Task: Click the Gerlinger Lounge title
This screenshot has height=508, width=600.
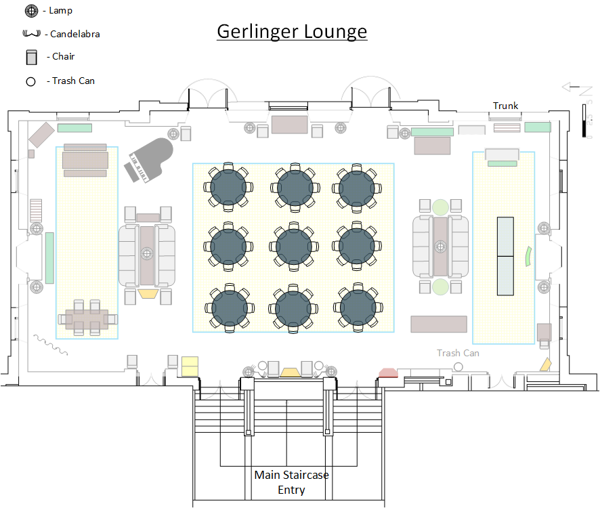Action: click(292, 32)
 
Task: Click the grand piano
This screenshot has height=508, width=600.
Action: click(149, 159)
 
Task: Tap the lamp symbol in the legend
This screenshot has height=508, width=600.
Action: click(31, 11)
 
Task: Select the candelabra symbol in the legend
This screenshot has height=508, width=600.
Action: click(31, 33)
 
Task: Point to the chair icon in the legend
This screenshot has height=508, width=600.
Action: click(31, 57)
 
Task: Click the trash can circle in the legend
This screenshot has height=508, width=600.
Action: click(30, 81)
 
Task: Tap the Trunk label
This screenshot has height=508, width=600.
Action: click(505, 106)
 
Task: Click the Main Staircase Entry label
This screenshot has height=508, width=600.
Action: click(292, 482)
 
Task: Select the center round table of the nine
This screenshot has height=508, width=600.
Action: click(294, 247)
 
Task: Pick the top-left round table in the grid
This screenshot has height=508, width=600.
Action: click(228, 188)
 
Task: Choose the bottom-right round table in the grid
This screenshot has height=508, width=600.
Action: click(358, 308)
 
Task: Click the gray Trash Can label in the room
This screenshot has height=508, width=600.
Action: click(458, 353)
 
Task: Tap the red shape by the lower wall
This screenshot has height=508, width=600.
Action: click(389, 373)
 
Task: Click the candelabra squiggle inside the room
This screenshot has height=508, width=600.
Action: click(51, 345)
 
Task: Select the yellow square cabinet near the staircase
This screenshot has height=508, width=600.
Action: click(190, 366)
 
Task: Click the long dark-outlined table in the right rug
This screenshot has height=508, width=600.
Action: click(505, 256)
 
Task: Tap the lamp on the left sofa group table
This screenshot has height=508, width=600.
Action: click(146, 253)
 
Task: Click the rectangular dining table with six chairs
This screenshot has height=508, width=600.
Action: click(87, 319)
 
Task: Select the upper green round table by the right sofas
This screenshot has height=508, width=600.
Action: click(440, 207)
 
